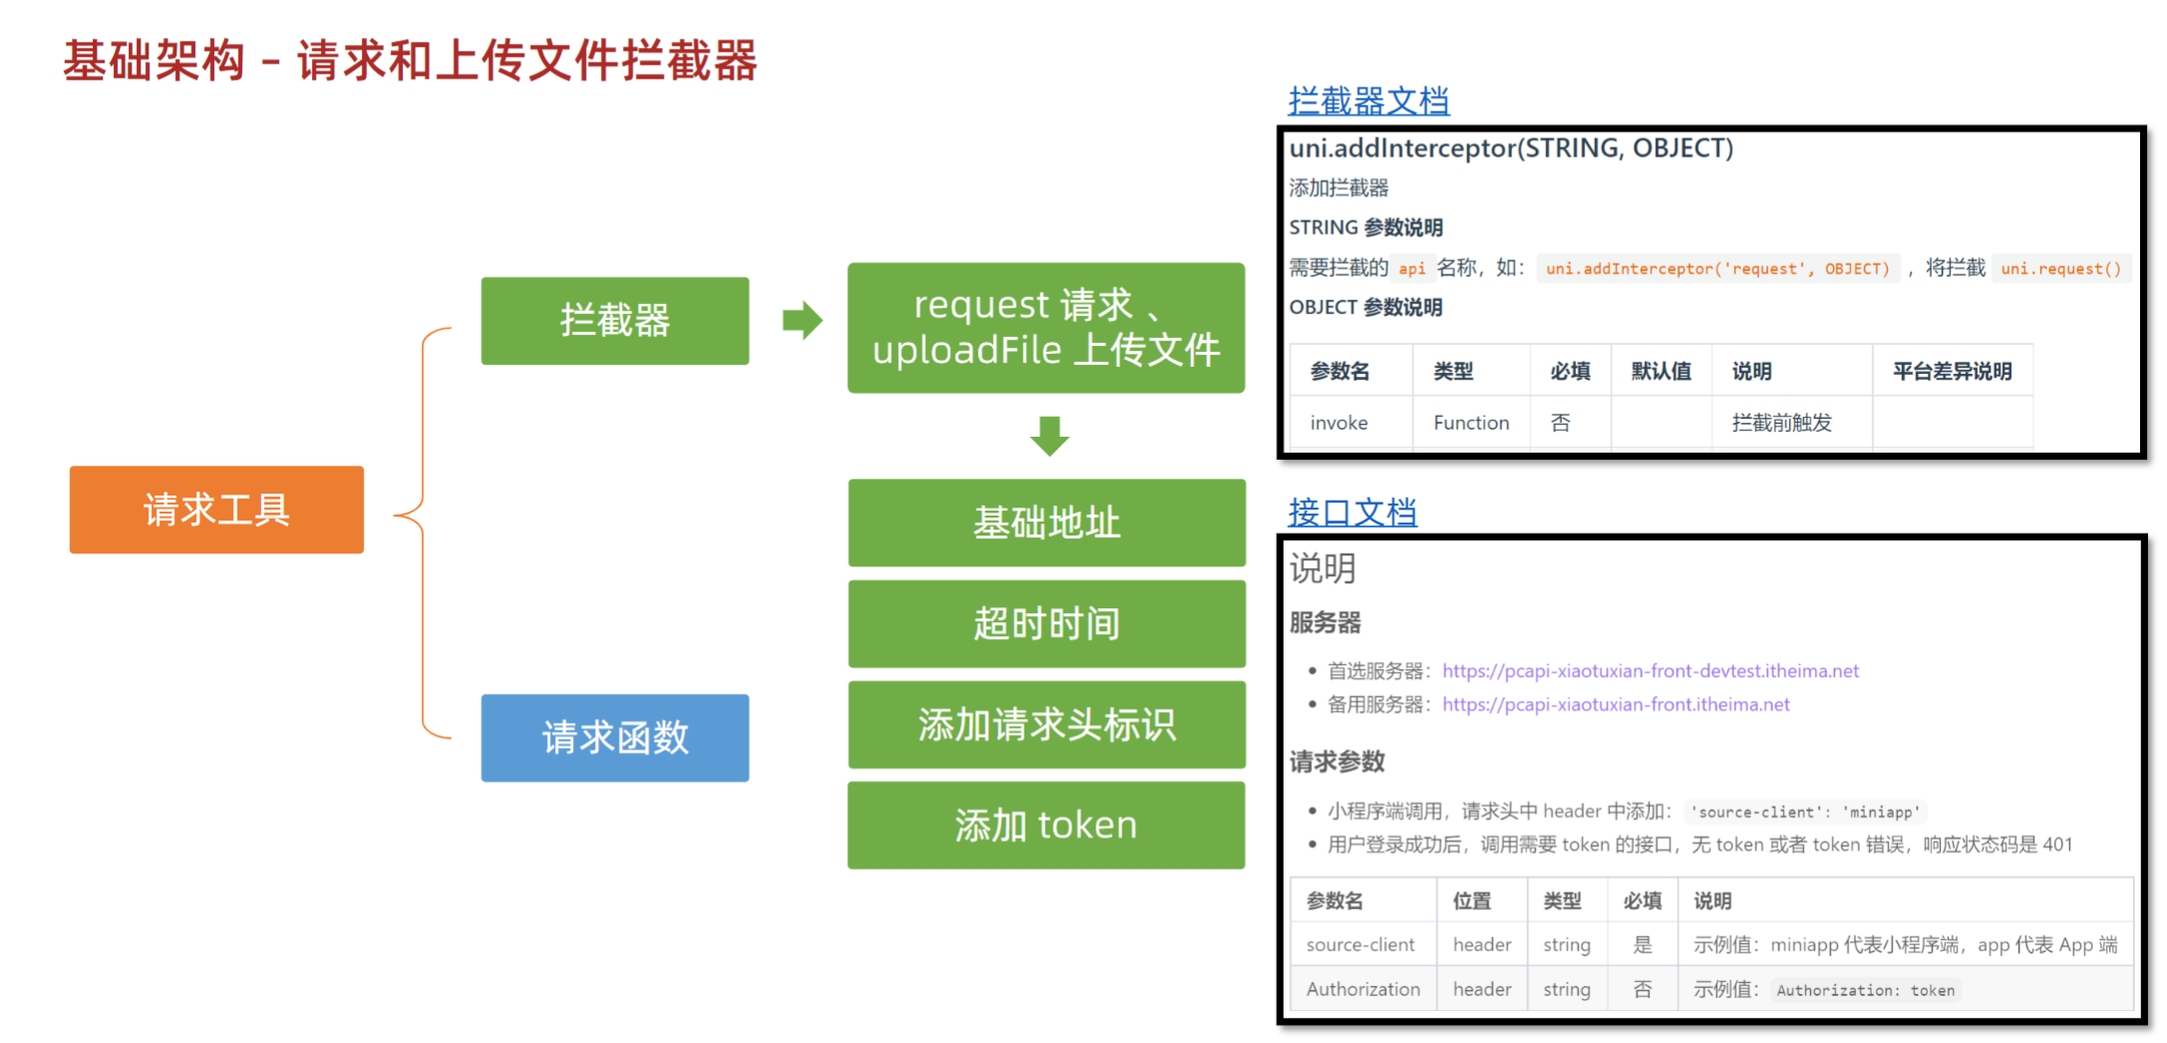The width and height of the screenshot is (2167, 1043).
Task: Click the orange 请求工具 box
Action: click(x=216, y=510)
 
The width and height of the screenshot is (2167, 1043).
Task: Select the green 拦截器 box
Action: click(x=614, y=320)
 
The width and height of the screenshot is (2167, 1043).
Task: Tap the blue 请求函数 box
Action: click(x=614, y=738)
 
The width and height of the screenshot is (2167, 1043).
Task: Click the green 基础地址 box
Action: click(x=1046, y=522)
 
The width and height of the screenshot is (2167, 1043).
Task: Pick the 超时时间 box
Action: click(x=1046, y=624)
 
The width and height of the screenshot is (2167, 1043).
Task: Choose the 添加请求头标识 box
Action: click(x=1046, y=725)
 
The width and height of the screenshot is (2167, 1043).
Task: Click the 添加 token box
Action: click(x=1046, y=826)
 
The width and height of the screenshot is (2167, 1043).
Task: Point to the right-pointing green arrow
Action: click(x=802, y=320)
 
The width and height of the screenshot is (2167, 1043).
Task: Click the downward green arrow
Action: click(x=1049, y=436)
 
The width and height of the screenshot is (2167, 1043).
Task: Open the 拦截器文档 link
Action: click(x=1368, y=101)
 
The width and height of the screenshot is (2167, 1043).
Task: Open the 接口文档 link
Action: click(x=1352, y=513)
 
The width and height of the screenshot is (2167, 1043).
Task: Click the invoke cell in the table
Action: click(x=1338, y=423)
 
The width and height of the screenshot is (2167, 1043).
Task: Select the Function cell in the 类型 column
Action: click(x=1470, y=423)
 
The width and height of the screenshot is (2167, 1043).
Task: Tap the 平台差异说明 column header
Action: click(x=1951, y=372)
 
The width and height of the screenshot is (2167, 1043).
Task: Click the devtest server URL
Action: click(x=1650, y=671)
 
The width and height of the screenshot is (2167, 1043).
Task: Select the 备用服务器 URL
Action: click(x=1615, y=705)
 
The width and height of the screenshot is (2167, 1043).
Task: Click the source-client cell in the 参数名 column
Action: click(x=1360, y=944)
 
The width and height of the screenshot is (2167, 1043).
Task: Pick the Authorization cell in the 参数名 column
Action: click(x=1363, y=989)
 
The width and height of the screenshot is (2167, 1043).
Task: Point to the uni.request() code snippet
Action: click(x=2060, y=268)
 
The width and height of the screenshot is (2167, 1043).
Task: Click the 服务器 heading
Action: click(x=1325, y=623)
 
